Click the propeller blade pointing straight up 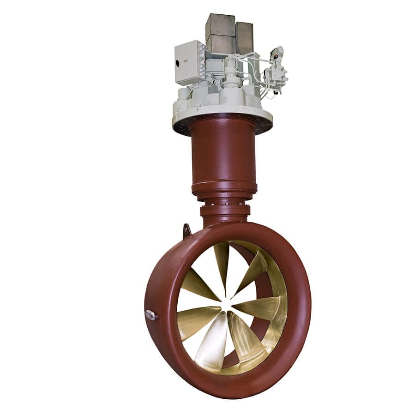point(222,263)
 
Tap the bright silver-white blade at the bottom point(214,339)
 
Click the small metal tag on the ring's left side point(151,315)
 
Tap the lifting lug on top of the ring point(186,230)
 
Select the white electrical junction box point(188,62)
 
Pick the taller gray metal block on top point(220,33)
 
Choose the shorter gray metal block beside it point(244,38)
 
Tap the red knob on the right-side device point(276,57)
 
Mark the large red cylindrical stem point(223,152)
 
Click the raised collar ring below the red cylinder point(224,188)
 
